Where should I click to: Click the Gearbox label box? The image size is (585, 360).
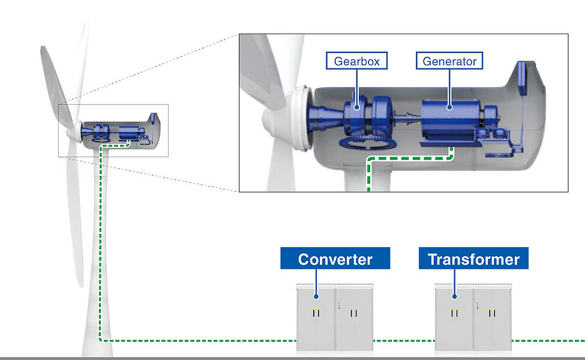coord(357,61)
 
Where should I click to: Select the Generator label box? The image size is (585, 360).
coord(449,61)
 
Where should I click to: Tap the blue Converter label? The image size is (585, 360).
coord(335,259)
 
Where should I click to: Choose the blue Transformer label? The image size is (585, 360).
coord(473,259)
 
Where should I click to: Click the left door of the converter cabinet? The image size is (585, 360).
coord(316,318)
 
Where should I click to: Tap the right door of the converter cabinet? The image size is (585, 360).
coord(354,318)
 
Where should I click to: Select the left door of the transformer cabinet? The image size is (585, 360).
coord(454,318)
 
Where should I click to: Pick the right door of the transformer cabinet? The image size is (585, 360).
coord(493,318)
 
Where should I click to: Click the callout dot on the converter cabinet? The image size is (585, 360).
coord(316,295)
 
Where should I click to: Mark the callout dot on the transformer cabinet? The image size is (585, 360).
coord(454,295)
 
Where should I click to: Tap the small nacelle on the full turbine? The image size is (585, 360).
coord(120,132)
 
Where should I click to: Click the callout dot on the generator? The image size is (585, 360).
coord(449,107)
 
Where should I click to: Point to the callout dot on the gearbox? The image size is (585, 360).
coord(357,107)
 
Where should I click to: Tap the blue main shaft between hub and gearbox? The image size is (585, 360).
coord(324,114)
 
